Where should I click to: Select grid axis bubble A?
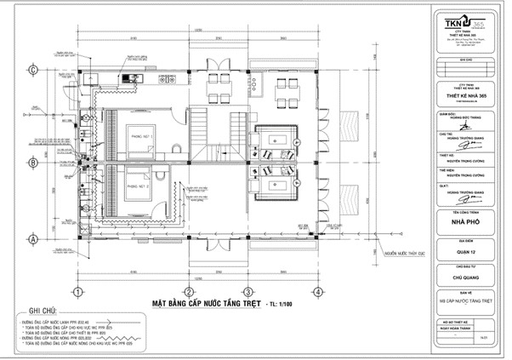tap(32, 241)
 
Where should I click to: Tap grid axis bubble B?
tap(32, 161)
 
